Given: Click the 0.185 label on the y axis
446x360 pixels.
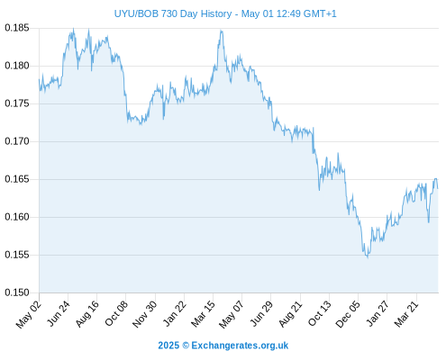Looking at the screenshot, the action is [x=17, y=28].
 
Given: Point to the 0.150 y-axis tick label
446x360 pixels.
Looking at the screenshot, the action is [x=17, y=292].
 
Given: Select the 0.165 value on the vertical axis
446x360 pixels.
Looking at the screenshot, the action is [x=17, y=179].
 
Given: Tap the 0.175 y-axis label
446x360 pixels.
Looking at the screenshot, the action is [x=17, y=103].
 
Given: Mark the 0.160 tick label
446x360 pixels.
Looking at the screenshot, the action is [x=17, y=217].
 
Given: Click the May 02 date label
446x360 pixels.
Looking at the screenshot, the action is [x=29, y=314].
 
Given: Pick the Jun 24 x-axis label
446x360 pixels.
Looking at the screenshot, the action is [x=59, y=313].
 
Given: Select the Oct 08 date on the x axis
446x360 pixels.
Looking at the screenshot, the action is [x=116, y=313].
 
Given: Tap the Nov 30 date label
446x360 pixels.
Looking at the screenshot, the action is [x=145, y=314].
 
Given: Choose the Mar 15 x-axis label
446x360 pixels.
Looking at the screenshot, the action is [x=203, y=314].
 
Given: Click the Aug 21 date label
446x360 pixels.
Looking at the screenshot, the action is [x=290, y=314].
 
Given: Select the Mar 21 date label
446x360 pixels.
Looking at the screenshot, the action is [x=406, y=314].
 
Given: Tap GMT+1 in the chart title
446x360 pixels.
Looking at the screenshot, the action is [x=320, y=13].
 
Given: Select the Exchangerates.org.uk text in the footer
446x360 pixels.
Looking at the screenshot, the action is [x=240, y=346].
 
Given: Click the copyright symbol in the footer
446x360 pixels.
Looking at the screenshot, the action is [x=186, y=346].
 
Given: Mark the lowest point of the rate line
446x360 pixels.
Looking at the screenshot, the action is [x=368, y=257].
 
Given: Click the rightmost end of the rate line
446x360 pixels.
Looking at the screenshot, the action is [x=438, y=188].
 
